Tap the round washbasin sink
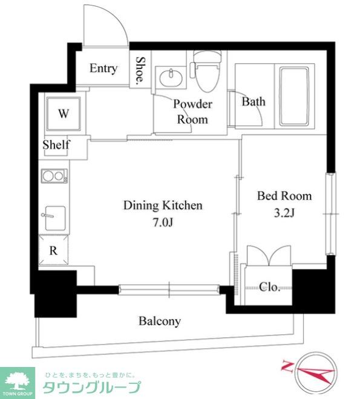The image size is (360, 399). (x=171, y=77)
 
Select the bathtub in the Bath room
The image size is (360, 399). (x=294, y=97)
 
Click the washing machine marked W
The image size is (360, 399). (x=64, y=114)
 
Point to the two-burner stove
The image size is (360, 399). (x=54, y=176)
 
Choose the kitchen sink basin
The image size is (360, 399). (x=55, y=218)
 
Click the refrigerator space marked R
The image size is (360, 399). (x=53, y=250)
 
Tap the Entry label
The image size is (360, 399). (x=103, y=68)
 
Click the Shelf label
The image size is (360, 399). (x=56, y=145)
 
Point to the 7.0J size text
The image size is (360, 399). (x=163, y=222)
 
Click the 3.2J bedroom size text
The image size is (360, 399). (x=284, y=213)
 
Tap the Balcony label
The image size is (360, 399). (x=160, y=321)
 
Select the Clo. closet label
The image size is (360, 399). (x=270, y=287)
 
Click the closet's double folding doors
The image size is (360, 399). (x=269, y=256)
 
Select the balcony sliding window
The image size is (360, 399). (x=169, y=290)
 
